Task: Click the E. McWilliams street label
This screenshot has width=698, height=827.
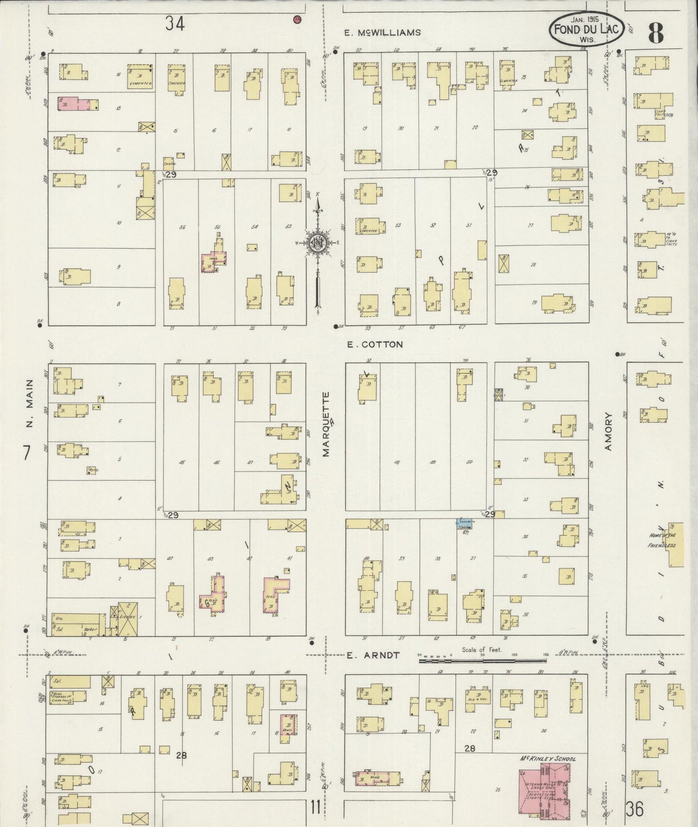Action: tap(382, 33)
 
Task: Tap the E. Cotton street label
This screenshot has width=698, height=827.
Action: tap(375, 344)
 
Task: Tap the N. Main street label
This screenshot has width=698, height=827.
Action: tap(29, 404)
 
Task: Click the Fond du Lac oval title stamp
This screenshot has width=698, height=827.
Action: tap(586, 29)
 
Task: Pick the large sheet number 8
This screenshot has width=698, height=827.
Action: tap(655, 33)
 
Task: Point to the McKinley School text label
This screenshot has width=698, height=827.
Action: tap(547, 759)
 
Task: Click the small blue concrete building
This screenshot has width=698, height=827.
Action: tap(465, 523)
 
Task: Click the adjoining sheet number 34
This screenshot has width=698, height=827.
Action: tap(175, 23)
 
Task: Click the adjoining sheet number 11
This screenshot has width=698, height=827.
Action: tap(315, 807)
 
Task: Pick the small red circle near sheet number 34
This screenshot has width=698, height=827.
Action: tap(298, 19)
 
